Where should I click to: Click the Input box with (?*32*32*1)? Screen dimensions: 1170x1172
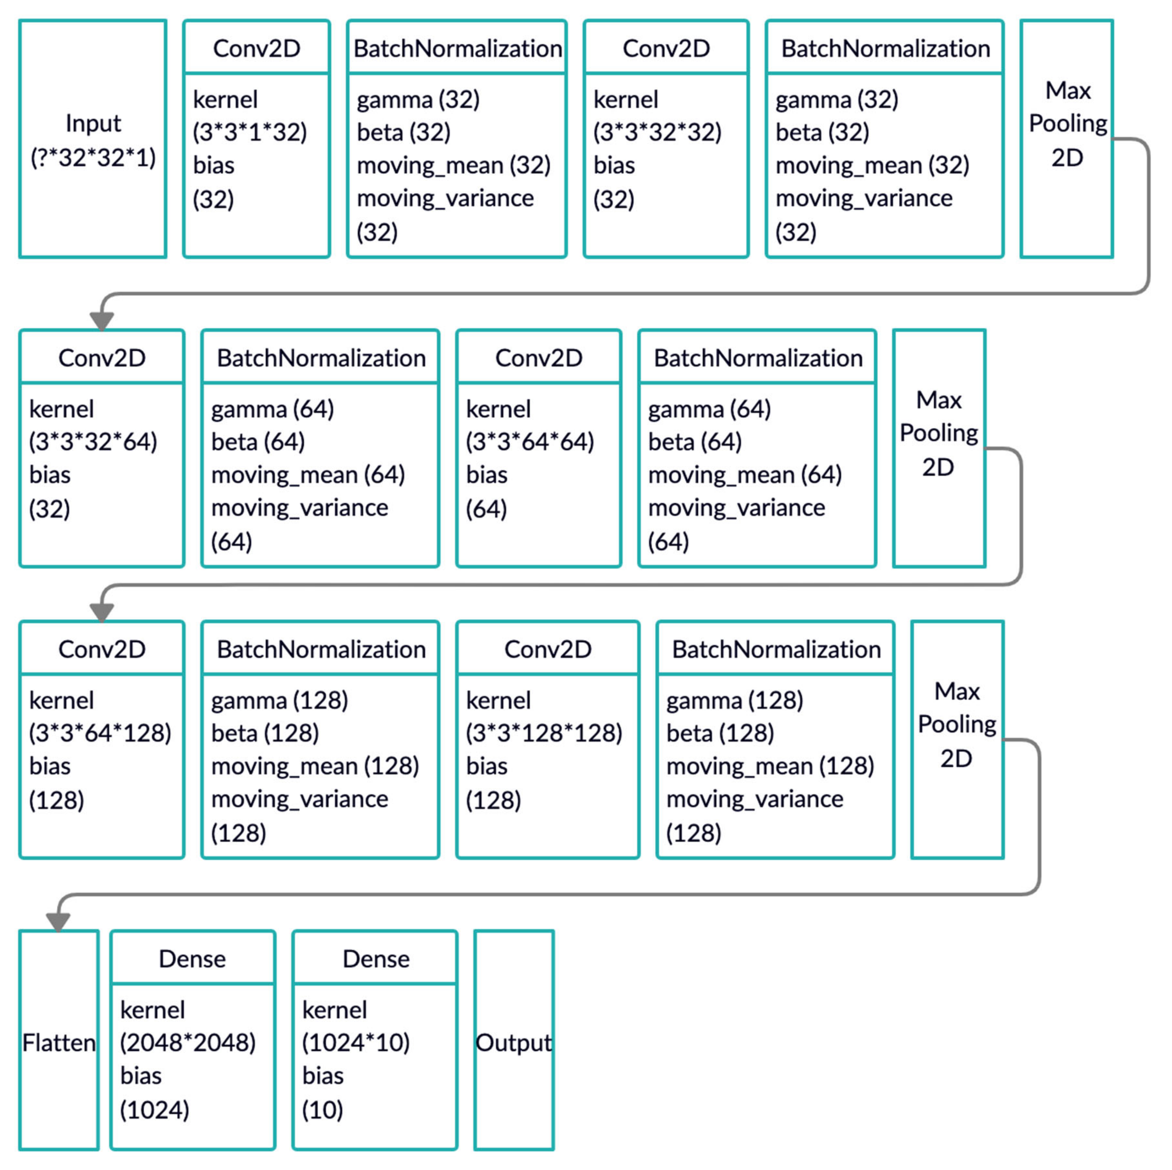(93, 140)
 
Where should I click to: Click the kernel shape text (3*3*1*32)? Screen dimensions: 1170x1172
(250, 132)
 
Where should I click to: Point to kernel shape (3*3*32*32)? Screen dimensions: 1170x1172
(657, 132)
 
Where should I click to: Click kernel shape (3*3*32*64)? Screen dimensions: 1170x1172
(93, 442)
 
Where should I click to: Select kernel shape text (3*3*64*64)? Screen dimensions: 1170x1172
(530, 442)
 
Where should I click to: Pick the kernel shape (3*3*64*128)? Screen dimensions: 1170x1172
(100, 733)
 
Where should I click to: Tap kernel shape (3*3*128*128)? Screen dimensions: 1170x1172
(544, 733)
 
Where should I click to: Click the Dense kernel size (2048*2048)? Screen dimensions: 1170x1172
(188, 1042)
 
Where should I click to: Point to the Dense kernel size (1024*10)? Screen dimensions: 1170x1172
(356, 1042)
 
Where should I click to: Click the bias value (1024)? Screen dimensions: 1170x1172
(155, 1109)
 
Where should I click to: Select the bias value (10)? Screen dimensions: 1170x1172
(323, 1109)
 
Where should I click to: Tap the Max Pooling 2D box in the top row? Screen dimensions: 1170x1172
(1067, 140)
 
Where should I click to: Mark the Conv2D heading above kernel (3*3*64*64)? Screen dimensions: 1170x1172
(539, 358)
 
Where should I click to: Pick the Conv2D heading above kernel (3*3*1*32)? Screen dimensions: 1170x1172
(257, 49)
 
